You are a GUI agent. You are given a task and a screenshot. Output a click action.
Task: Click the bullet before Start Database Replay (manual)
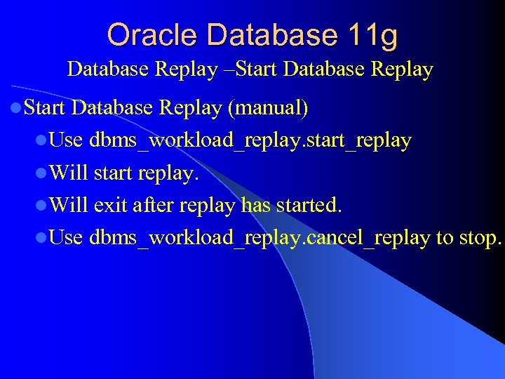coord(16,109)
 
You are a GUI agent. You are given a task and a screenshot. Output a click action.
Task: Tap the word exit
coord(110,206)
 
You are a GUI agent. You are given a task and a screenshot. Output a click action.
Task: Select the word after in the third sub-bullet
coord(154,206)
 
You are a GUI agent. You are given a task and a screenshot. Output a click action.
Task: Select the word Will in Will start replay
coord(69,173)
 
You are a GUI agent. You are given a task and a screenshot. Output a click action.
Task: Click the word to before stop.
coord(445,238)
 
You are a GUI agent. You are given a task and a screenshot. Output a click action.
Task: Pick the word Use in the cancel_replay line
coord(67,238)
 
